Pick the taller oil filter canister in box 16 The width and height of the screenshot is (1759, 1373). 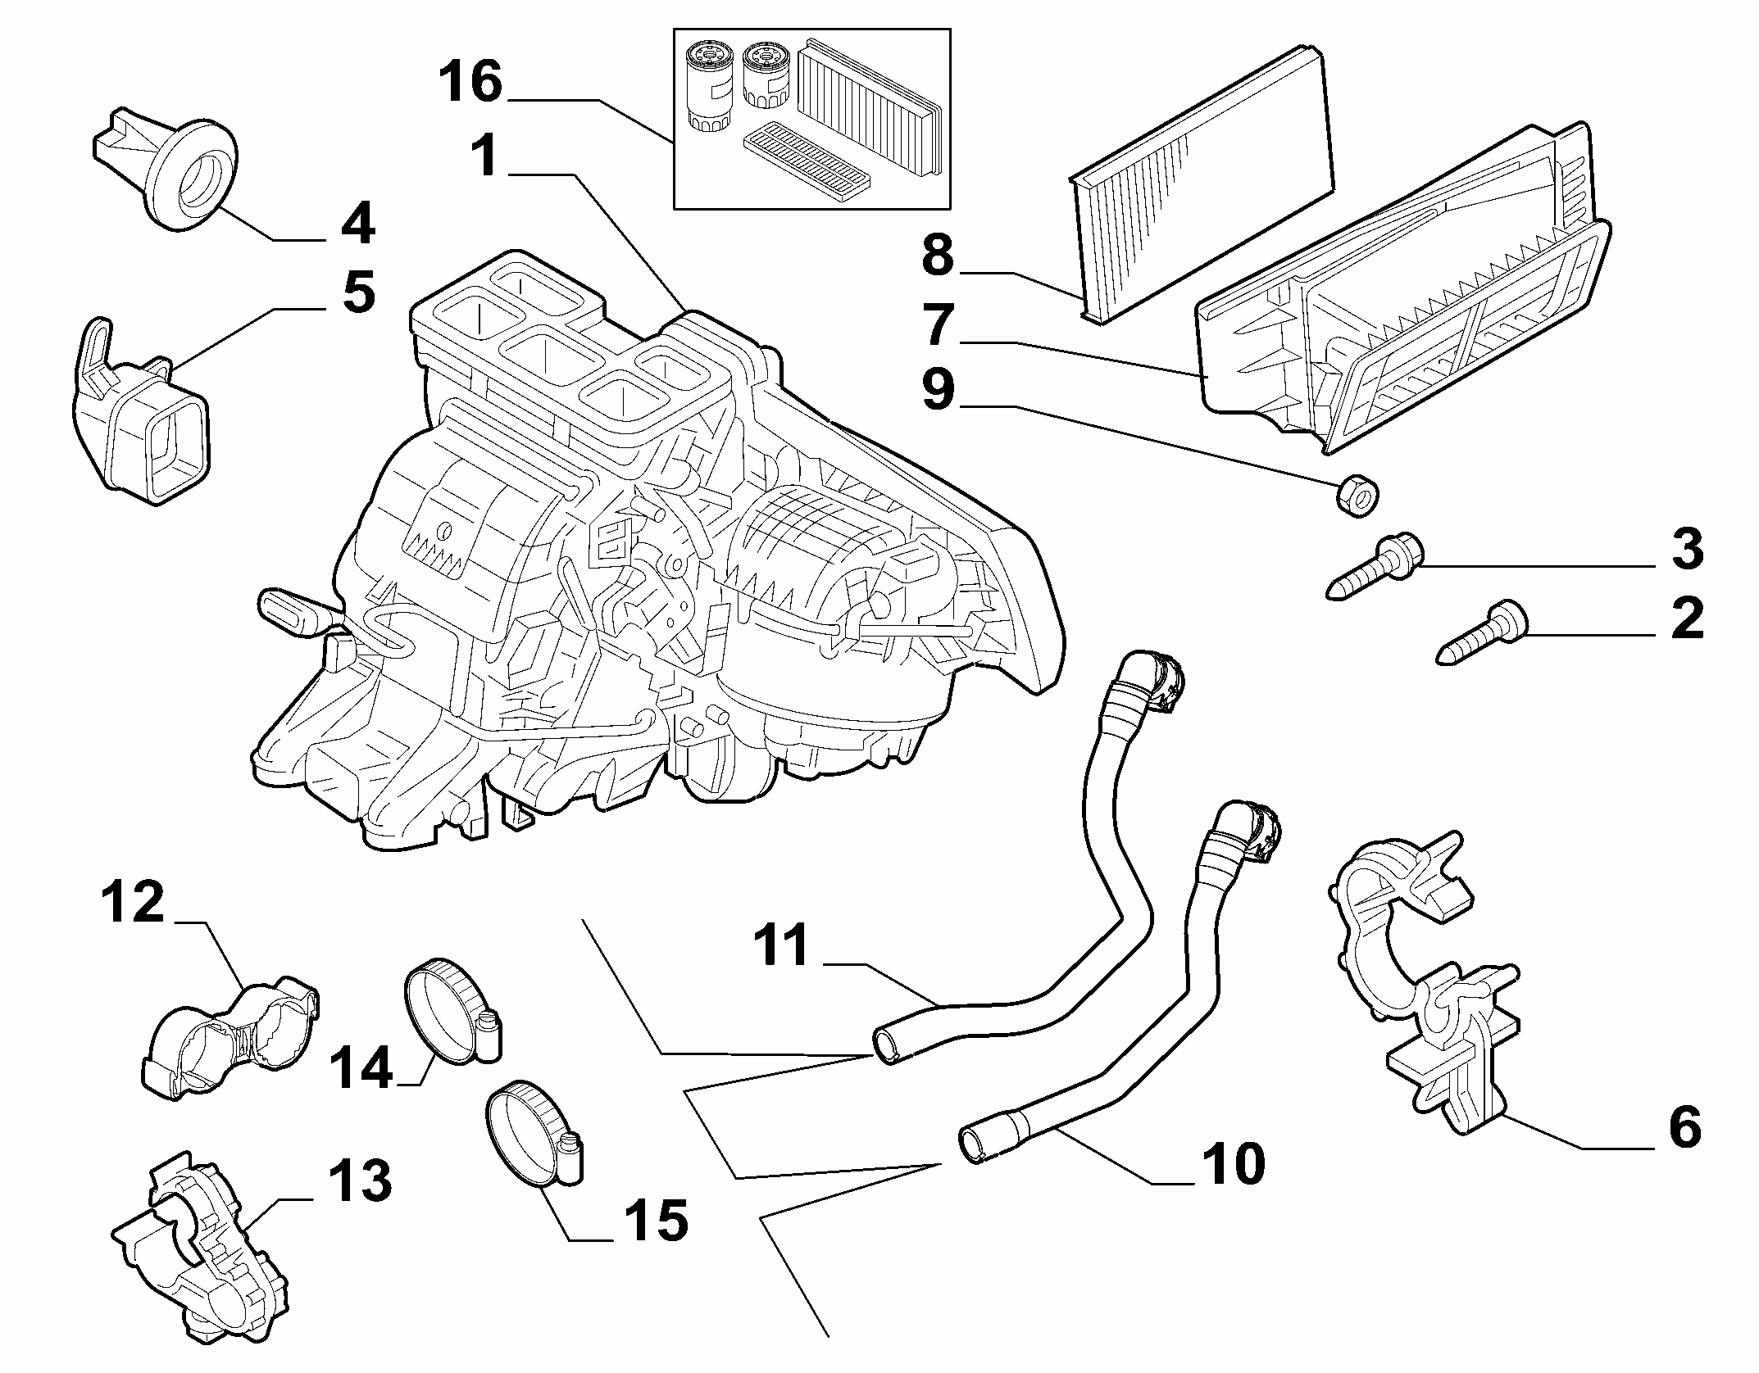(x=707, y=86)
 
